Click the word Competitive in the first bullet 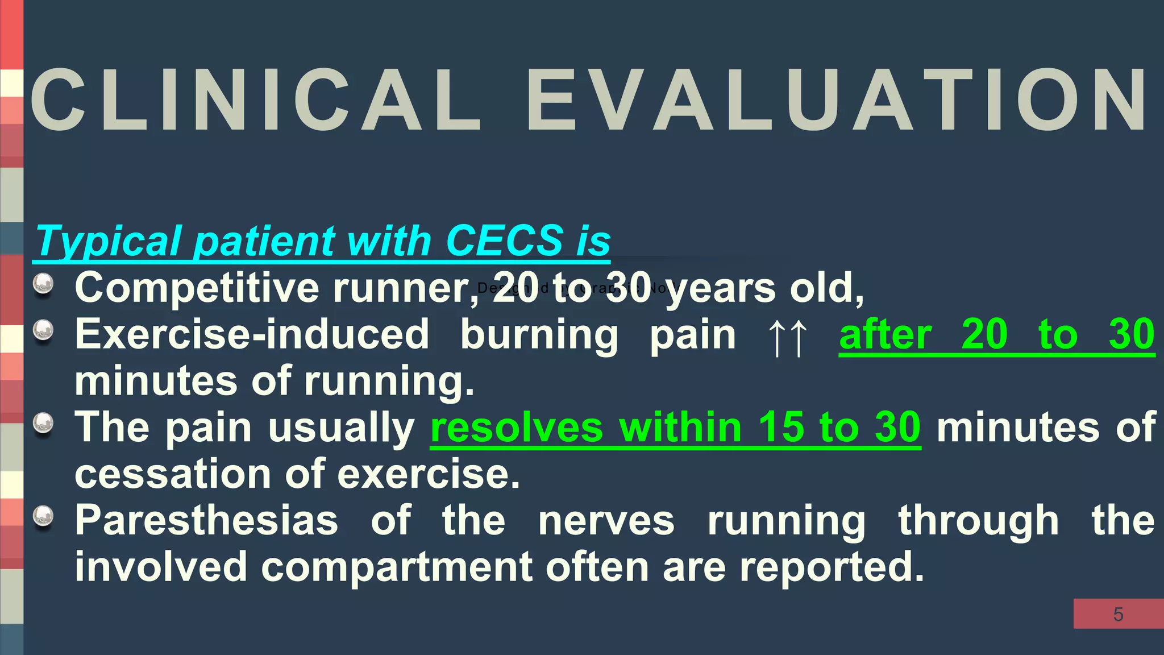[x=197, y=288]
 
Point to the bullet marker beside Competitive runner [x=43, y=284]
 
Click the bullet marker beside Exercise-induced [x=43, y=330]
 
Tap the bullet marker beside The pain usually [x=43, y=423]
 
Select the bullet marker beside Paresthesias [x=43, y=516]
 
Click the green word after [x=885, y=335]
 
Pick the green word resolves [x=517, y=428]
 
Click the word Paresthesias [x=206, y=520]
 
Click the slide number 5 [x=1118, y=614]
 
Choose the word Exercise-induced [x=252, y=335]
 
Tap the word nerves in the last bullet [x=606, y=520]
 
